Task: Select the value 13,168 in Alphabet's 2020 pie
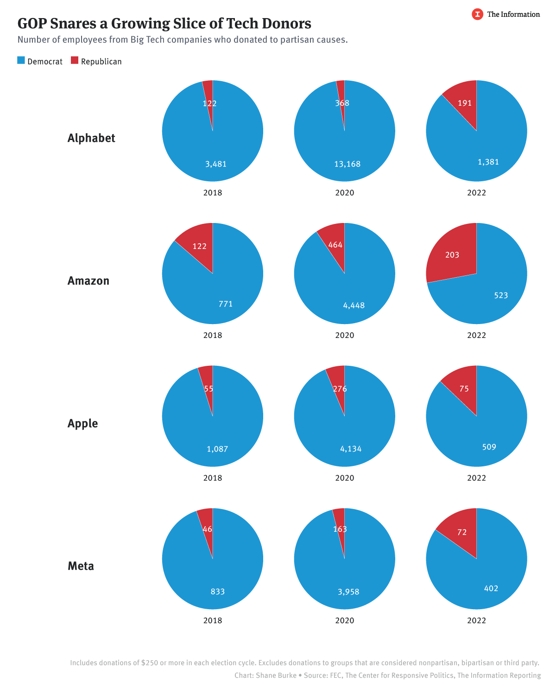(347, 164)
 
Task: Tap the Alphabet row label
(91, 138)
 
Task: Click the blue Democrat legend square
(21, 60)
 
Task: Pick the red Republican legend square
(75, 60)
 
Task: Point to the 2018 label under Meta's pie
(213, 620)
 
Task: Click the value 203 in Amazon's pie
(452, 255)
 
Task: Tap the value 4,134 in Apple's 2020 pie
(351, 449)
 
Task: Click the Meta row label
(81, 566)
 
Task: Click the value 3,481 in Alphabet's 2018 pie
(216, 164)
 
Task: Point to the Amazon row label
(88, 281)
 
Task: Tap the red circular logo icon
(477, 14)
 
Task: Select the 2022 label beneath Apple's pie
(476, 478)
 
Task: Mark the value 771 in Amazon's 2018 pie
(226, 304)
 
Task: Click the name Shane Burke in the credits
(276, 675)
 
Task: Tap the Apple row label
(83, 424)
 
